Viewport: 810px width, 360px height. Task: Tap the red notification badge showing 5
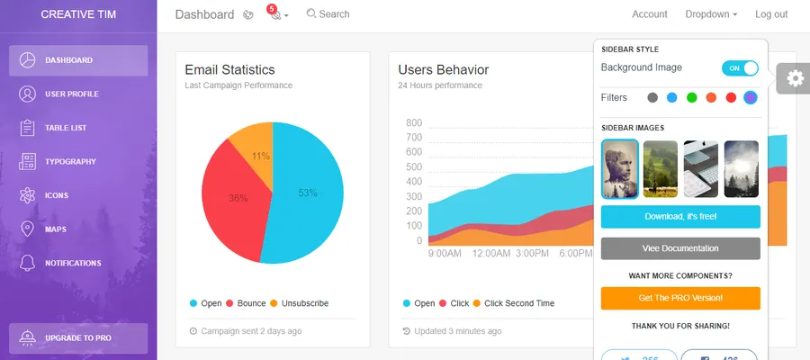[273, 9]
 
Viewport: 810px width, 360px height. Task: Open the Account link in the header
[650, 14]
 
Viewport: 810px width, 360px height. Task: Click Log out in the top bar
[771, 14]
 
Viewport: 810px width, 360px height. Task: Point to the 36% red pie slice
[236, 198]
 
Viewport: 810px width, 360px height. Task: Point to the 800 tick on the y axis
[414, 123]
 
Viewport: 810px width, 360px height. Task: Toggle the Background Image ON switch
[740, 68]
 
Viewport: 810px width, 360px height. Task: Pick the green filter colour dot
[692, 97]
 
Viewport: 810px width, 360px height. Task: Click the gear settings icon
[795, 78]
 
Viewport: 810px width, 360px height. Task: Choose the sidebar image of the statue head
[620, 168]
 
